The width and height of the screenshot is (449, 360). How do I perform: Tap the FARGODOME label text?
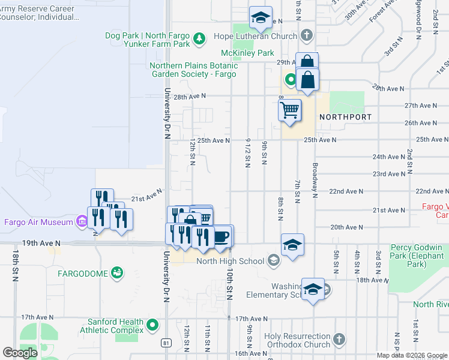click(83, 274)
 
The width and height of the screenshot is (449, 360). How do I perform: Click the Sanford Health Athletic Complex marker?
click(152, 326)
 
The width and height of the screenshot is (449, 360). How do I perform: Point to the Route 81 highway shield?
click(166, 343)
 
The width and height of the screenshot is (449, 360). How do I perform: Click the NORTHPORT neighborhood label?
click(345, 117)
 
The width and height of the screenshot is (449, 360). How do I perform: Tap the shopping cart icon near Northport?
click(289, 110)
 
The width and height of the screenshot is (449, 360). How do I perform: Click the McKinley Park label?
click(247, 53)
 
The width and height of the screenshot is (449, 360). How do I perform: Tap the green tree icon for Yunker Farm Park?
click(199, 40)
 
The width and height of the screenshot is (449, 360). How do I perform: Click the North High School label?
click(230, 260)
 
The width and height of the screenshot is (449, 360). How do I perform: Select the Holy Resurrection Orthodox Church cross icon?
click(339, 340)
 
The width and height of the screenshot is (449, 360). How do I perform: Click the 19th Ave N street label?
click(41, 243)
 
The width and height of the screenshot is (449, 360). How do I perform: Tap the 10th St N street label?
click(229, 282)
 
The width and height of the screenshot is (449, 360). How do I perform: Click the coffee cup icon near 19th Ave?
click(221, 236)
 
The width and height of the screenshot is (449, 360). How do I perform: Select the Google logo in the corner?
click(20, 353)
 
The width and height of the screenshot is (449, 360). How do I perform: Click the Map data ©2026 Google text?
click(412, 355)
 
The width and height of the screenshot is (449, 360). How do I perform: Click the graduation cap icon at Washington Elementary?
click(313, 289)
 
